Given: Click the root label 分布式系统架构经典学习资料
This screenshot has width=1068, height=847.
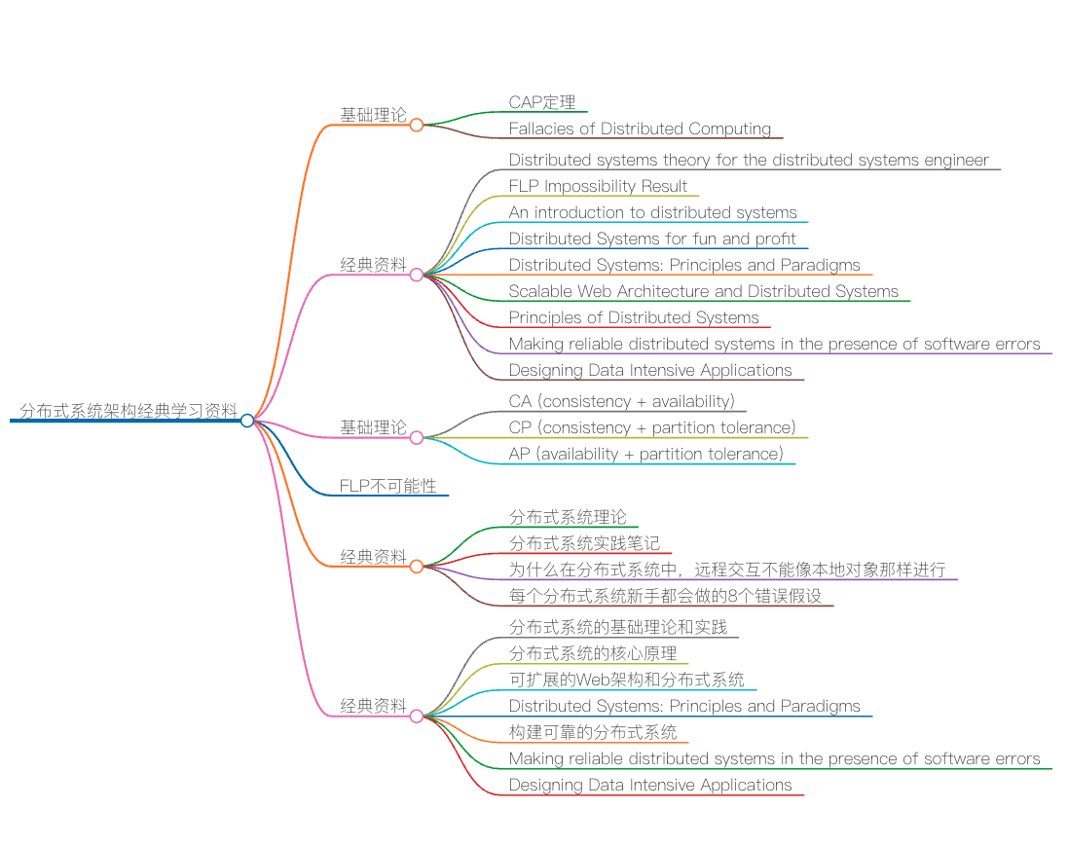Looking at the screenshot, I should pyautogui.click(x=128, y=411).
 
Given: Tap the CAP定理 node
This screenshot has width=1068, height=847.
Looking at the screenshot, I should pyautogui.click(x=542, y=102).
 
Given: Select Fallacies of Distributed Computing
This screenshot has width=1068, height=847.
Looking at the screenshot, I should pyautogui.click(x=640, y=129).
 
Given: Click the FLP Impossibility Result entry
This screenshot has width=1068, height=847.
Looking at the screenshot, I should pyautogui.click(x=598, y=186).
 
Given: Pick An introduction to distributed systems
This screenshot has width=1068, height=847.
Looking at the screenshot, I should pyautogui.click(x=652, y=212).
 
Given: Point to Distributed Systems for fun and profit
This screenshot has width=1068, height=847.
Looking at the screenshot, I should pyautogui.click(x=652, y=239).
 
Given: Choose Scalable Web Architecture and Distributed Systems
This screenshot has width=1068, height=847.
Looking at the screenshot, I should pyautogui.click(x=703, y=291).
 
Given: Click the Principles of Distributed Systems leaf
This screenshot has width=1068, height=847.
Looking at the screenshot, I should pyautogui.click(x=634, y=317).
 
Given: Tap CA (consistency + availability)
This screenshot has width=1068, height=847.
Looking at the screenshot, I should pyautogui.click(x=621, y=401).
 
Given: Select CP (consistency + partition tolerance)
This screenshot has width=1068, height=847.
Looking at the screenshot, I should pyautogui.click(x=652, y=427).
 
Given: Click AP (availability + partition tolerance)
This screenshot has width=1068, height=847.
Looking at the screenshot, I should pyautogui.click(x=645, y=454).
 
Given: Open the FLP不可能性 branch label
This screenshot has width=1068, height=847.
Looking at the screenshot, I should pyautogui.click(x=387, y=485).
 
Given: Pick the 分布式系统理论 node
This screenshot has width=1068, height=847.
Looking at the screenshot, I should pyautogui.click(x=568, y=517).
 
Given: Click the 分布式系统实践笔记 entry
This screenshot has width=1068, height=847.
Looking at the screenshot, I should pyautogui.click(x=584, y=543).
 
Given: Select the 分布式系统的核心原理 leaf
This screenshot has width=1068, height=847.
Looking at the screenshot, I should pyautogui.click(x=593, y=653).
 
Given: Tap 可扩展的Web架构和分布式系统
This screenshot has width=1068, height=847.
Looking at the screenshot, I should pyautogui.click(x=626, y=680).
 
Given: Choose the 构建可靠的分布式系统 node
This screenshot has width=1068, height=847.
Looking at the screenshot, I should pyautogui.click(x=593, y=732).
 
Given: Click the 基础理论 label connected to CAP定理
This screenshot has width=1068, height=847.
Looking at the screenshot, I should pyautogui.click(x=373, y=115).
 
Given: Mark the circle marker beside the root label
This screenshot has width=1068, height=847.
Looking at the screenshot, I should pyautogui.click(x=247, y=421).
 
